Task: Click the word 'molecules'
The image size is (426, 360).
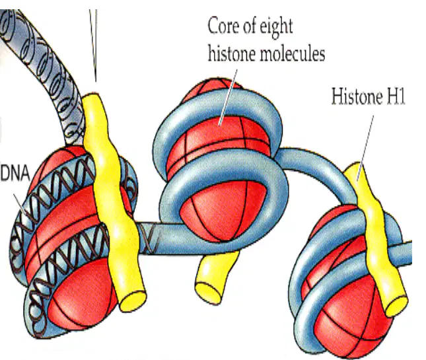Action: click(x=293, y=53)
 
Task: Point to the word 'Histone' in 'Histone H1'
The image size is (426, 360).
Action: click(x=354, y=96)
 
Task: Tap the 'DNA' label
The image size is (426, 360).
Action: click(x=15, y=173)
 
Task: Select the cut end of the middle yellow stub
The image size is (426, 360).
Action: click(x=208, y=293)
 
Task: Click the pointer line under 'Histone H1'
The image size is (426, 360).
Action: click(x=365, y=148)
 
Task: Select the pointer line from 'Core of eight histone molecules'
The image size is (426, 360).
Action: click(x=229, y=97)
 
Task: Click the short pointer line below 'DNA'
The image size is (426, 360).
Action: click(x=20, y=205)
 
